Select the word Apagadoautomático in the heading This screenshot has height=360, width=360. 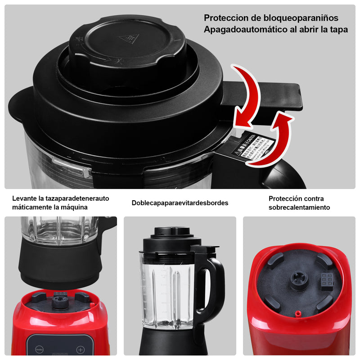tap(243, 30)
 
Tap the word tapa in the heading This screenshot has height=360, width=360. tap(339, 30)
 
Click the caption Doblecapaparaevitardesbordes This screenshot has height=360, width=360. tap(180, 203)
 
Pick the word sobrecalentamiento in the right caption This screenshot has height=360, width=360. tap(299, 207)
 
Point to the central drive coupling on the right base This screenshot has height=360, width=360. tap(299, 280)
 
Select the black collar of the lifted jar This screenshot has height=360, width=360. tap(58, 266)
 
